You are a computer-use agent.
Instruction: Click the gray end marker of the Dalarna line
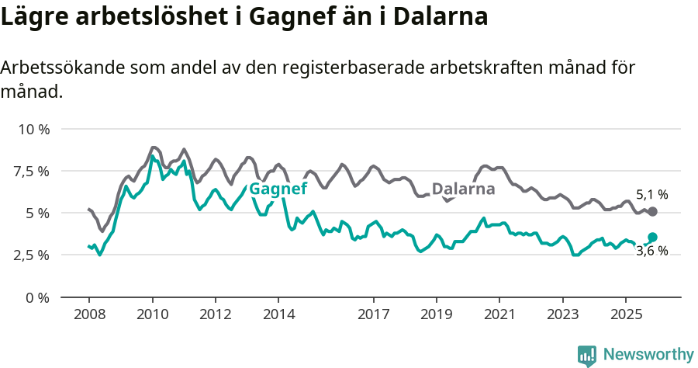pos(652,211)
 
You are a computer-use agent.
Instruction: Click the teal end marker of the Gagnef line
pos(652,237)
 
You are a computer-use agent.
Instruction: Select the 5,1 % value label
pos(651,195)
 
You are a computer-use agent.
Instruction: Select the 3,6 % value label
pos(651,252)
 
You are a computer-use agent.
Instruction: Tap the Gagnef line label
pos(278,189)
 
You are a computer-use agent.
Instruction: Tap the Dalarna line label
pos(463,189)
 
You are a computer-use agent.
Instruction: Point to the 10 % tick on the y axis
pos(33,129)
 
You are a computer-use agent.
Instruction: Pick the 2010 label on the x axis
pos(152,314)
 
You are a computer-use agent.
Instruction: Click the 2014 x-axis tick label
pos(278,314)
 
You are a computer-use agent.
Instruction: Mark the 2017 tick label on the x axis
pos(373,314)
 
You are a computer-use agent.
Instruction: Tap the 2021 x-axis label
pos(499,314)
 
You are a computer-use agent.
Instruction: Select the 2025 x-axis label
pos(625,314)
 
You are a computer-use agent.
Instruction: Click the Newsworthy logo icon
pos(587,356)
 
